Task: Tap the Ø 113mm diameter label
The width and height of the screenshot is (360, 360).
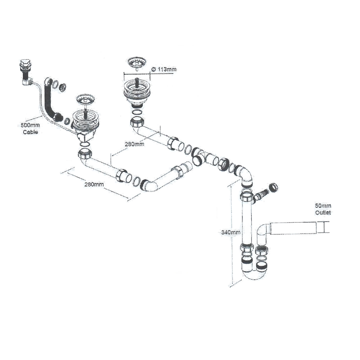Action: click(164, 69)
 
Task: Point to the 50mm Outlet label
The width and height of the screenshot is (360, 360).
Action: click(323, 209)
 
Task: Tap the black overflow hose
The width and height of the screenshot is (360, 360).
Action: click(49, 99)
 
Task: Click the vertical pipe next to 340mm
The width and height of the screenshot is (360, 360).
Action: click(246, 222)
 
